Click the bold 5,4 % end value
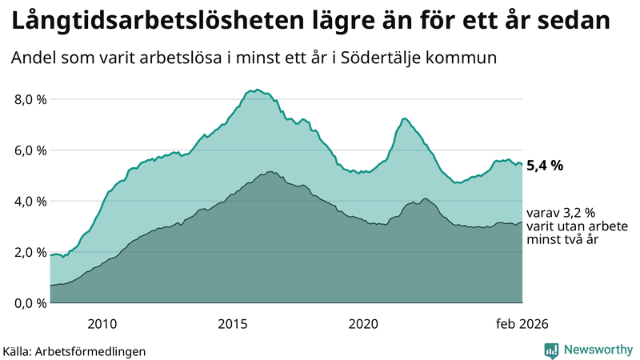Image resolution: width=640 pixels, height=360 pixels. click(x=545, y=166)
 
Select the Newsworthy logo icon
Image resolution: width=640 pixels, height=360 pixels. click(x=551, y=350)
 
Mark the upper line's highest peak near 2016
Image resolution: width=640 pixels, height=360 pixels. click(x=256, y=90)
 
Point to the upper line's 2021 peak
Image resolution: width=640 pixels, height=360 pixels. click(x=404, y=118)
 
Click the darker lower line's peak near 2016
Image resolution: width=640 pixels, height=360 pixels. click(x=271, y=171)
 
